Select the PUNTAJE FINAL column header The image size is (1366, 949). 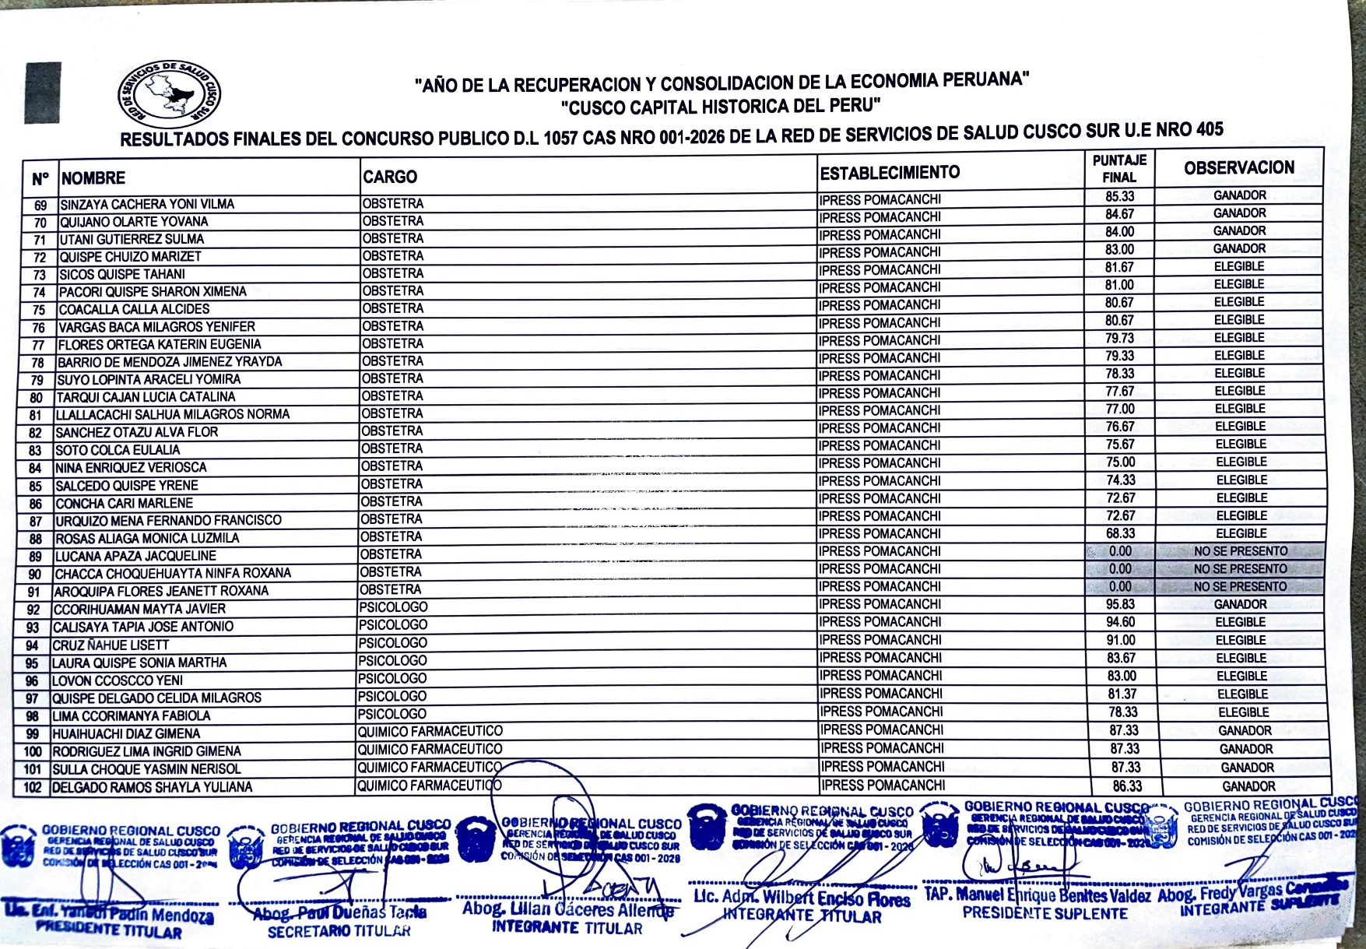(x=1119, y=169)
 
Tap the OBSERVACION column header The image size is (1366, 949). (x=1239, y=167)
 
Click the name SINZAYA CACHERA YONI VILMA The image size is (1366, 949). (x=147, y=204)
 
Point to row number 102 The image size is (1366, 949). (x=32, y=787)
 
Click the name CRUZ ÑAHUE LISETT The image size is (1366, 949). (x=111, y=645)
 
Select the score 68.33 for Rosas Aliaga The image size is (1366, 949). (x=1120, y=533)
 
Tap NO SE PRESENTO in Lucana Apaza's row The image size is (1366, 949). (x=1241, y=551)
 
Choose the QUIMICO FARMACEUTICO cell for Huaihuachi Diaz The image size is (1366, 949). (x=430, y=732)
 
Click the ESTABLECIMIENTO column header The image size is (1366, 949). (x=890, y=173)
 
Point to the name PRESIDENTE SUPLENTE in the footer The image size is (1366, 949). (x=1045, y=913)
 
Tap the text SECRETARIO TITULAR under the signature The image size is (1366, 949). (x=339, y=931)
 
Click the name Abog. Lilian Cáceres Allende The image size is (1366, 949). (x=567, y=909)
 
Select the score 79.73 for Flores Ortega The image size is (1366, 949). (x=1119, y=338)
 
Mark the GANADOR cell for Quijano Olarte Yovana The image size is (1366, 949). (x=1239, y=213)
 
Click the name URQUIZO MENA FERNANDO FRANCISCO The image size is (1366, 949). (x=168, y=520)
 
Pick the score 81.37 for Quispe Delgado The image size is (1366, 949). (x=1122, y=694)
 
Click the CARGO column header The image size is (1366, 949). (x=390, y=177)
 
